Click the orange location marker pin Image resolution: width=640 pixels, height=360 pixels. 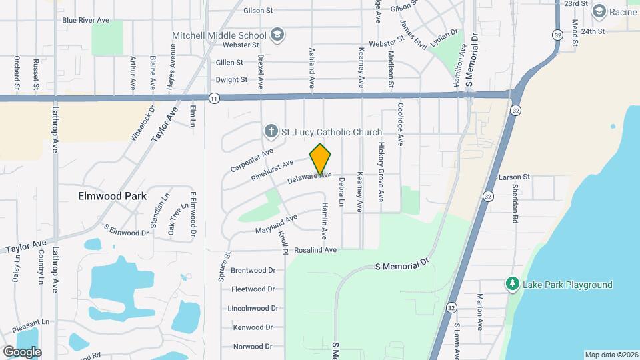pos(321,159)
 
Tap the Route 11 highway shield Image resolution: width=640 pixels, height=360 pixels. pos(213,98)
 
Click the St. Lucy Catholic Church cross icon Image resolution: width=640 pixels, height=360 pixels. pos(271,132)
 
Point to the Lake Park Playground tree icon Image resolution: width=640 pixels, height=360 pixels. pos(512,285)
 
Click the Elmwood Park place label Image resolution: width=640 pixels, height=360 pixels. pos(112,197)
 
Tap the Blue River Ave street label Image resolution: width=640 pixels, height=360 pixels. pos(85,20)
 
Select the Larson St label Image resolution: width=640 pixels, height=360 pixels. pos(514,177)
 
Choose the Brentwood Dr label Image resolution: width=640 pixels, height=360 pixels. pos(253,270)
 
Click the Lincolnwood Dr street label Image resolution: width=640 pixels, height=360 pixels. pos(253,309)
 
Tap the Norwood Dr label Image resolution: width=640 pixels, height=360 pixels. pos(253,347)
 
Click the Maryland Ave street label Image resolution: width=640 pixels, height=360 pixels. pos(276,225)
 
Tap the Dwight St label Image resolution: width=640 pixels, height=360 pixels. pos(232,80)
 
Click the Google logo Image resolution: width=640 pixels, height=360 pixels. pos(22,351)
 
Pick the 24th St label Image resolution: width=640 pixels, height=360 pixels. pos(592,31)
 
